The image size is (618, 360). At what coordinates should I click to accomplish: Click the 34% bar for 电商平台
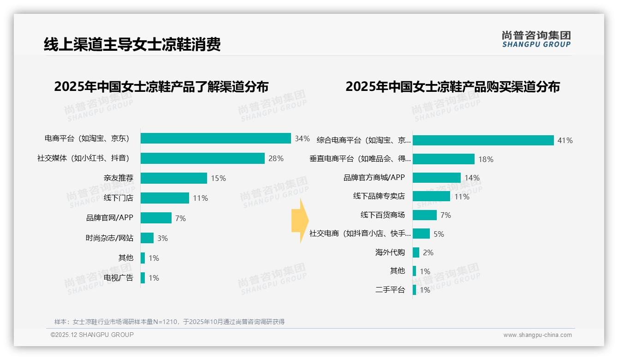coord(215,138)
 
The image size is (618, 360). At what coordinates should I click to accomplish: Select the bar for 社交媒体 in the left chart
coord(202,158)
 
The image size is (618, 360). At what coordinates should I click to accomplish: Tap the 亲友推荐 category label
coord(119,178)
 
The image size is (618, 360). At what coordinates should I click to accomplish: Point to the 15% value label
coord(218,178)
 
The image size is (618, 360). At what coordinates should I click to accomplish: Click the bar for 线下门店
coord(165,198)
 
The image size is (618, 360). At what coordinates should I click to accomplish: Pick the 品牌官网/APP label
coord(110,218)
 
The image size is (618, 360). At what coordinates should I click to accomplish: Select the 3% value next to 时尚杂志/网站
coord(162,238)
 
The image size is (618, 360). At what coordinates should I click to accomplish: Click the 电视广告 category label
coord(119,278)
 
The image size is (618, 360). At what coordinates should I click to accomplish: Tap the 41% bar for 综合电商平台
coord(483,140)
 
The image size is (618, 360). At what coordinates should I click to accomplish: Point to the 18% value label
coord(486,159)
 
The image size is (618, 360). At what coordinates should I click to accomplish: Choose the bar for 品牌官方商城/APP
coord(436,178)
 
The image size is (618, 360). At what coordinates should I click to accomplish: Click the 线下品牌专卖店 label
coord(379,196)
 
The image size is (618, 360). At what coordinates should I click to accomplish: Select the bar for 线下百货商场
coord(424,215)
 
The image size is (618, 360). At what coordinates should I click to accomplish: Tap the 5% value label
coord(439,234)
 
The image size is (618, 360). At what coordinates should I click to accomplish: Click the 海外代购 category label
coord(390,252)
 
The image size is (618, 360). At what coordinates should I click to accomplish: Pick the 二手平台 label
coord(390,290)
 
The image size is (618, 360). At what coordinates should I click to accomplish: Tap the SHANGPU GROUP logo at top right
coord(536,39)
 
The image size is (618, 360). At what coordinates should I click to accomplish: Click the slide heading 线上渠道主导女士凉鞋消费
coord(132,44)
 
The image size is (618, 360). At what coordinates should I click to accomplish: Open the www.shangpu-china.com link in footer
coord(537,335)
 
